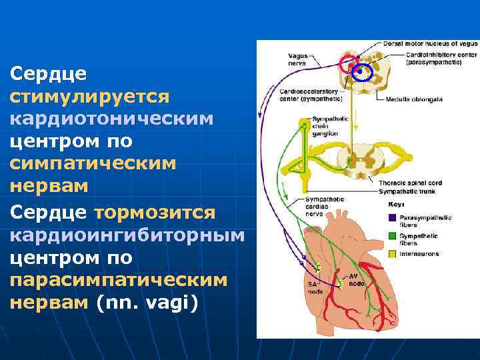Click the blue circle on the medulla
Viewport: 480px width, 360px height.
coord(362,72)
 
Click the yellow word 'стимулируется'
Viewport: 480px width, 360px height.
coord(90,97)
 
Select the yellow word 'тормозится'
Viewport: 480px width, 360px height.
coord(155,211)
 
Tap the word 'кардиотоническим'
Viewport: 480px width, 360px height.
coord(112,119)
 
